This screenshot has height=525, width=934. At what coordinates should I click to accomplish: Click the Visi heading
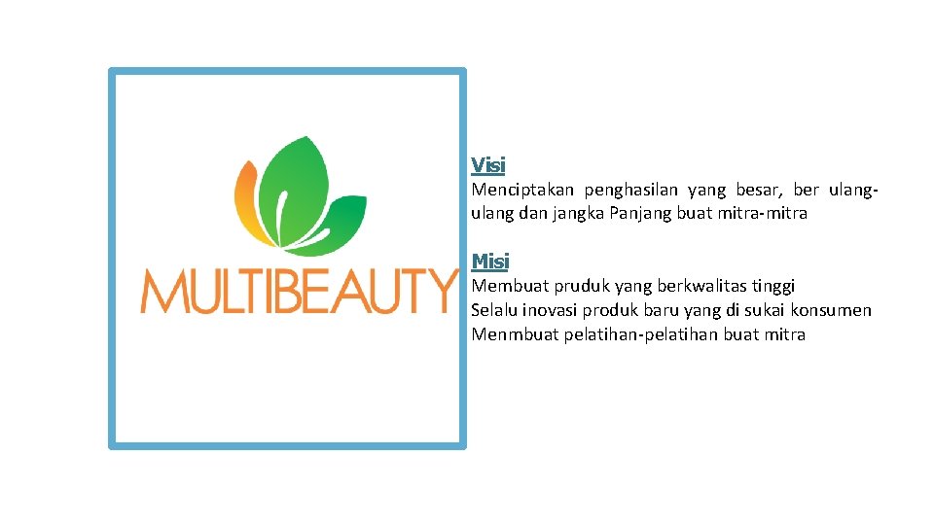488,165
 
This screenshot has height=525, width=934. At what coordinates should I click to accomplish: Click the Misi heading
490,262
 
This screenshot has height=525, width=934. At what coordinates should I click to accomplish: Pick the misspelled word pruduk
582,286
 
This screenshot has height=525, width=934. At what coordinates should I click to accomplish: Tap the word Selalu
495,310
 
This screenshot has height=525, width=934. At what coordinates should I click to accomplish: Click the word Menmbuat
515,334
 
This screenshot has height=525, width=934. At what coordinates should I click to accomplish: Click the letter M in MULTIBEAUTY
162,292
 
